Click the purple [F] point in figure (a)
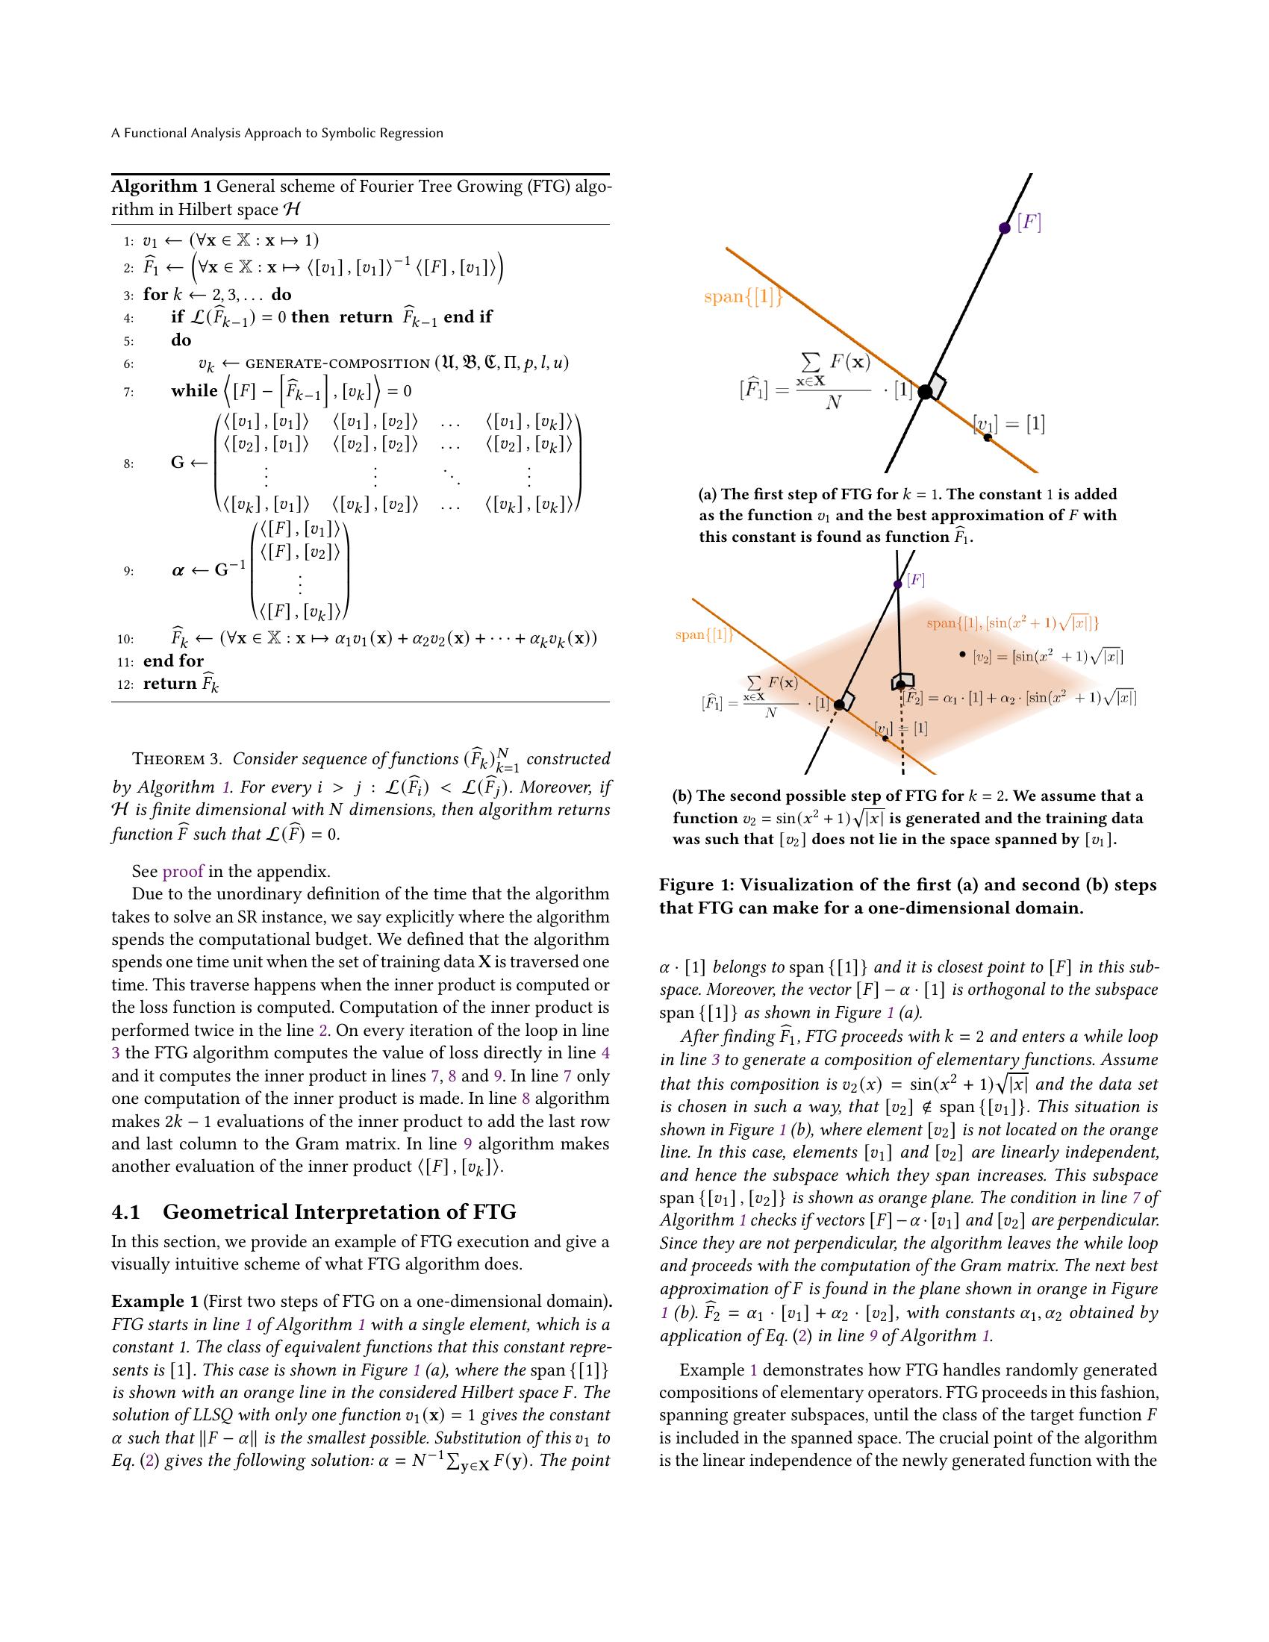1004,228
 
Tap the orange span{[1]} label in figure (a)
743,297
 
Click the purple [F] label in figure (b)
916,580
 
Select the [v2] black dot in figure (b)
961,655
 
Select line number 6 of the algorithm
128,364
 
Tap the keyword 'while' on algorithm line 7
194,391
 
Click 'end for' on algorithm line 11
173,661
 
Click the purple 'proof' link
183,871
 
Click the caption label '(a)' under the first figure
708,495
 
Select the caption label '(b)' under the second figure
682,796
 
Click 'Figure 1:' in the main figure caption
696,885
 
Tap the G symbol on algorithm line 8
178,463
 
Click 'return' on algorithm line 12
170,684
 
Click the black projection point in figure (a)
925,392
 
